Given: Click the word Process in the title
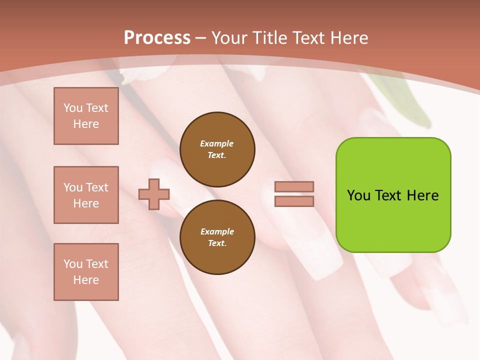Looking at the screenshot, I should point(157,38).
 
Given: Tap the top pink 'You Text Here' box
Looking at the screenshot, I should point(86,116).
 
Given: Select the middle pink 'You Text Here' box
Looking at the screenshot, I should point(86,195).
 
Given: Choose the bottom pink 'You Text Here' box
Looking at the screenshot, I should point(86,272).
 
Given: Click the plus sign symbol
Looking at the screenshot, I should point(154,194).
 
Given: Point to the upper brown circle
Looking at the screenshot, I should point(217,149).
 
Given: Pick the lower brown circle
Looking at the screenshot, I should point(217,237).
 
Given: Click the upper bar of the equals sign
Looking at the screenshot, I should point(294,186).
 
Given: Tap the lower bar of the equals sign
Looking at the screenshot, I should point(294,201).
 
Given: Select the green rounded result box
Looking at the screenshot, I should point(393,220).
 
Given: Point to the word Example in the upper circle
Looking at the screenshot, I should point(216,143).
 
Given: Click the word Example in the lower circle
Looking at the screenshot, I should point(217,231).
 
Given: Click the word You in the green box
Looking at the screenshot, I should point(358,195).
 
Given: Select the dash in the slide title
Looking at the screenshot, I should point(201,38).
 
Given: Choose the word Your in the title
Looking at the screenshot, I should point(229,38).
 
